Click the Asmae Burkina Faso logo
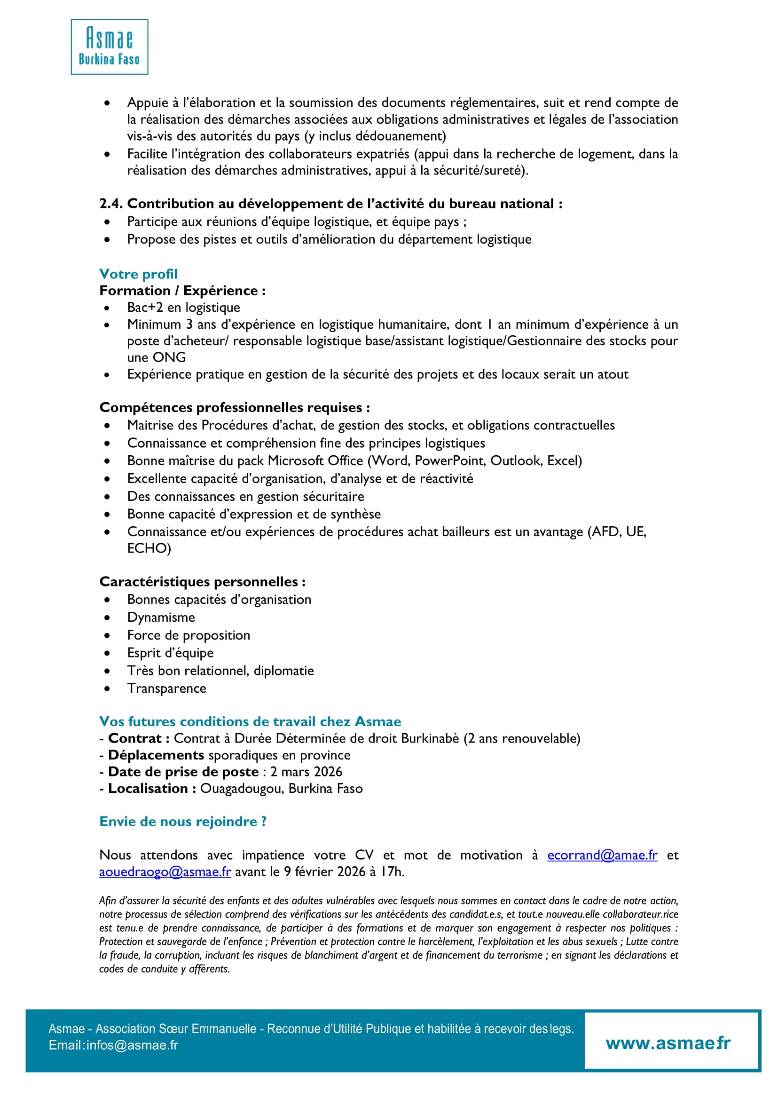(x=109, y=47)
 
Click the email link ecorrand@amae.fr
(x=602, y=855)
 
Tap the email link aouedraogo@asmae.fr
(x=165, y=872)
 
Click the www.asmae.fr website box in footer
(x=668, y=1044)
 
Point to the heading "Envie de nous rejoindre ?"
(x=182, y=822)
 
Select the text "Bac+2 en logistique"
(x=183, y=307)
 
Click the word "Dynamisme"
(x=161, y=617)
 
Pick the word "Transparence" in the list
(x=167, y=688)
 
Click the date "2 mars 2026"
(x=306, y=772)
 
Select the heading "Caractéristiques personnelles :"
(x=202, y=582)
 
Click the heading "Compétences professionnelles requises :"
(x=234, y=407)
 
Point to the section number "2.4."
(x=110, y=204)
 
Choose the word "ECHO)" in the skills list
(x=149, y=548)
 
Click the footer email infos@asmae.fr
(x=132, y=1045)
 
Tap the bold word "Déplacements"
(x=156, y=755)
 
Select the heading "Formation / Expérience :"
(x=182, y=291)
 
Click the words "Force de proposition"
(x=189, y=635)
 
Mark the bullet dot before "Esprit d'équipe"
(x=107, y=653)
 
